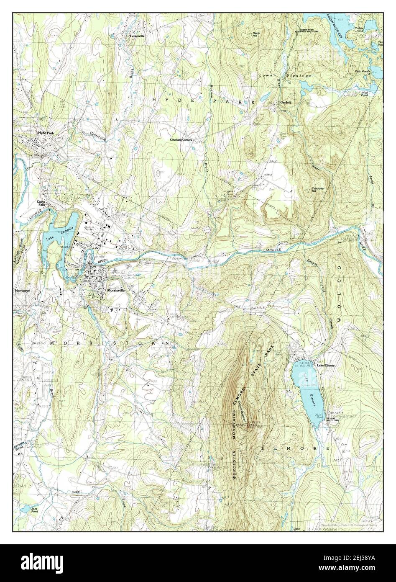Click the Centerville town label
tap(137, 36)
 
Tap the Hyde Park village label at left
tap(46, 133)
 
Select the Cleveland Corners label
tap(181, 139)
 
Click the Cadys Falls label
tap(41, 203)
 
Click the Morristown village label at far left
tap(23, 290)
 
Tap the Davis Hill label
tap(256, 34)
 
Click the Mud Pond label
tap(365, 94)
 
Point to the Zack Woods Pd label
tap(363, 72)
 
